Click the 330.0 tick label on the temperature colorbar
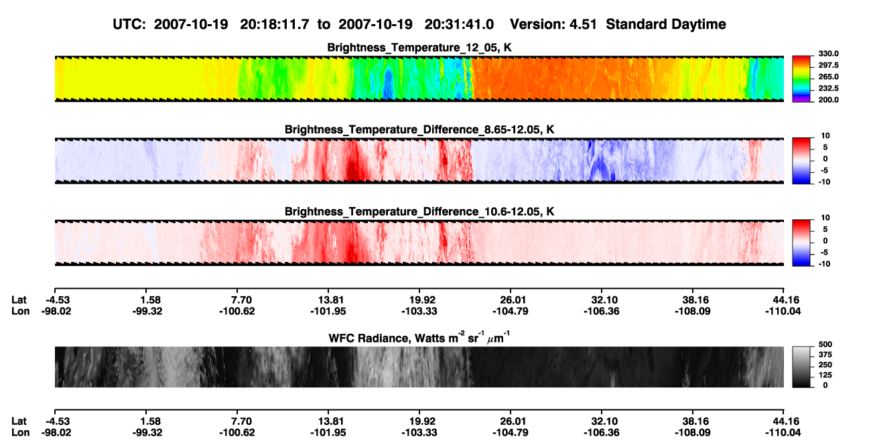[x=828, y=54]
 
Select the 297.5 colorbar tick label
[x=828, y=65]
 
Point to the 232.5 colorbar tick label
[x=828, y=88]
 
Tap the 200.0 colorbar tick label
[x=828, y=100]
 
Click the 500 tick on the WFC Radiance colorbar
[x=825, y=344]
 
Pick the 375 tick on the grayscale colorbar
[x=825, y=355]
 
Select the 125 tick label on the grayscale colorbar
[x=825, y=375]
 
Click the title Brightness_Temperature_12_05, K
[x=419, y=48]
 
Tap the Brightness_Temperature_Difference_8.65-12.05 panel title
[x=419, y=129]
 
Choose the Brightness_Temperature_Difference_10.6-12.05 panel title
[x=419, y=212]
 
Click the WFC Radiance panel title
[x=419, y=338]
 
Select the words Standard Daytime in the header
[x=666, y=24]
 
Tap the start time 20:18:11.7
[x=274, y=24]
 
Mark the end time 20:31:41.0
[x=459, y=24]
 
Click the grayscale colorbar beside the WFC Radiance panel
[x=801, y=367]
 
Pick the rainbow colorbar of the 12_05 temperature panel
[x=801, y=79]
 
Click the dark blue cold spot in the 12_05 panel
[x=388, y=84]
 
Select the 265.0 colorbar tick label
[x=828, y=76]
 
